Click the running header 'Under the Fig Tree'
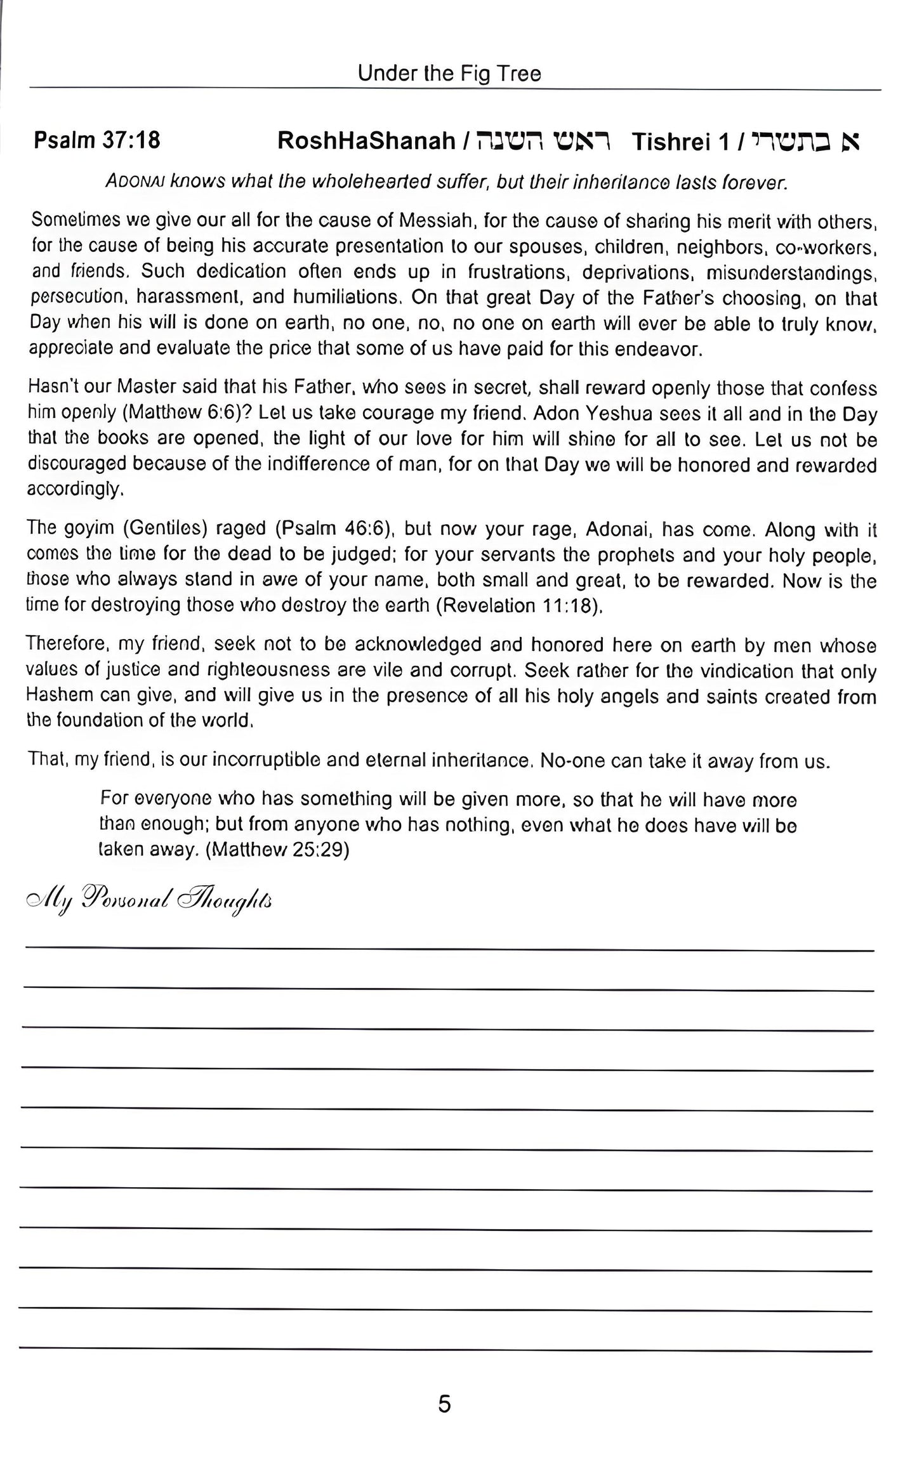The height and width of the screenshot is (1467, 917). click(449, 74)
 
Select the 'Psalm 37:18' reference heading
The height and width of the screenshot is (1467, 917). click(96, 140)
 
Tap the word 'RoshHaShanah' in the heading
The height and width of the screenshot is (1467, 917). click(366, 141)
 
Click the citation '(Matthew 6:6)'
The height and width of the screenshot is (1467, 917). click(181, 414)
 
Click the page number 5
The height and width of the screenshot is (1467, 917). click(444, 1404)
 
